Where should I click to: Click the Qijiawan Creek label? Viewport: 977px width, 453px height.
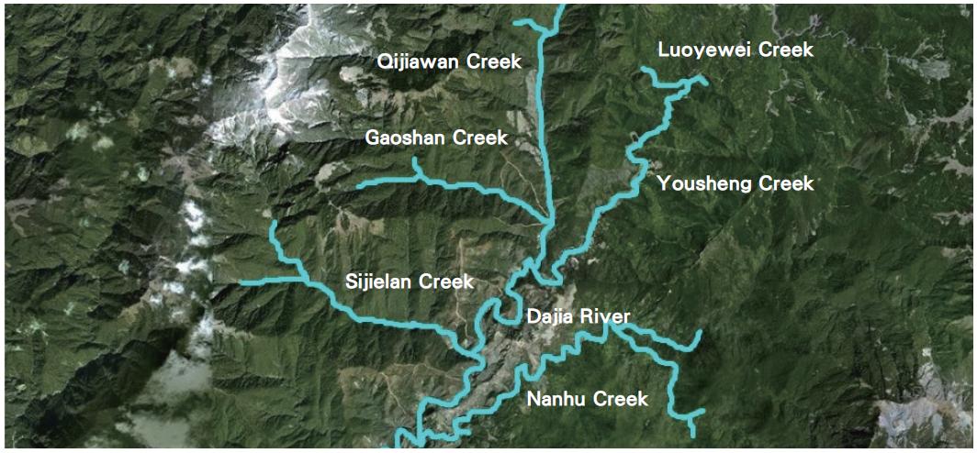450,62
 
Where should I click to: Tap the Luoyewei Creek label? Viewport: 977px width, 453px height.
736,50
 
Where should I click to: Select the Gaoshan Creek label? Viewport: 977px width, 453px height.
436,138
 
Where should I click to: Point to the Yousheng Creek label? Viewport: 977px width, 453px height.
736,184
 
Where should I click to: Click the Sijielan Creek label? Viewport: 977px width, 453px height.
410,282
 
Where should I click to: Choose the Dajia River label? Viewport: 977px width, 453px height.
578,318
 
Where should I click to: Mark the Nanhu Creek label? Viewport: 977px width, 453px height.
587,399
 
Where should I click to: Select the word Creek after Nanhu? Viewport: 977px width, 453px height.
621,399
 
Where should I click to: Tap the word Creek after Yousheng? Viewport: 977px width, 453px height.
786,184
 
